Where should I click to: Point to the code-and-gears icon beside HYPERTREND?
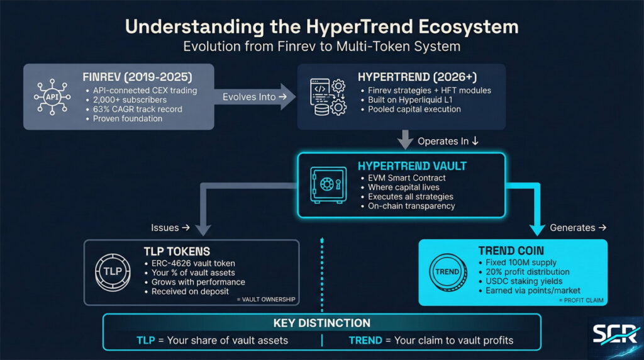(x=327, y=97)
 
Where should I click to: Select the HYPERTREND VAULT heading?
(x=412, y=166)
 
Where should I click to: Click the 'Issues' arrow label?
(x=170, y=227)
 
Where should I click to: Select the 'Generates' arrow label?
(x=576, y=227)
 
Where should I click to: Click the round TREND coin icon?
(x=447, y=271)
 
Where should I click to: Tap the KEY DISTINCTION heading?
(x=322, y=323)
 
